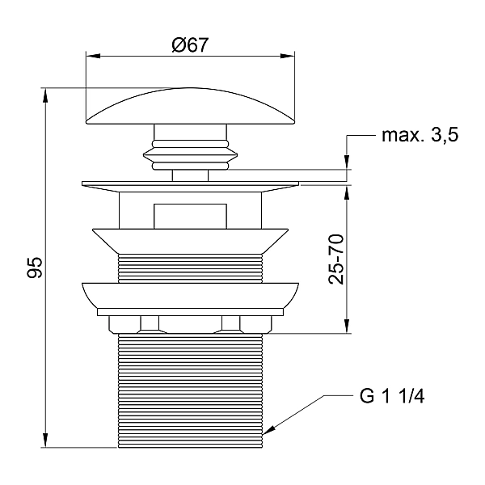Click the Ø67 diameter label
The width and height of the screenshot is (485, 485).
[190, 46]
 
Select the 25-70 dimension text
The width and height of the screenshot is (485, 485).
[336, 258]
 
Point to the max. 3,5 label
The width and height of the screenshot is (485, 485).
[420, 136]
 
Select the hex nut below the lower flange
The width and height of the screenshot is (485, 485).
[190, 324]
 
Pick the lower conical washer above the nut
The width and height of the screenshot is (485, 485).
[190, 294]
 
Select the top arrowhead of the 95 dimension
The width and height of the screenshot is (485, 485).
[46, 94]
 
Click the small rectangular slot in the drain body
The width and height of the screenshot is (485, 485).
[190, 215]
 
